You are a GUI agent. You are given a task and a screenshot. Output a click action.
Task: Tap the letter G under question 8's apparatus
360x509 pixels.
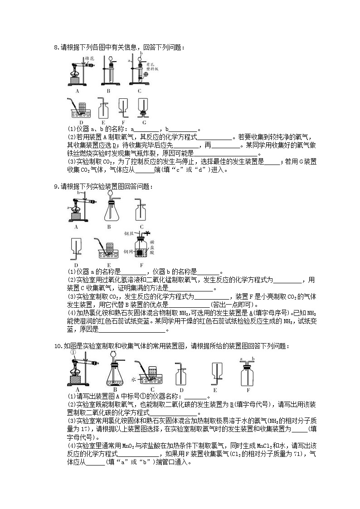pyautogui.click(x=144, y=122)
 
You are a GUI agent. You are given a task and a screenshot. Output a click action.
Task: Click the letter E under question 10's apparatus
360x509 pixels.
pyautogui.click(x=215, y=390)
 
